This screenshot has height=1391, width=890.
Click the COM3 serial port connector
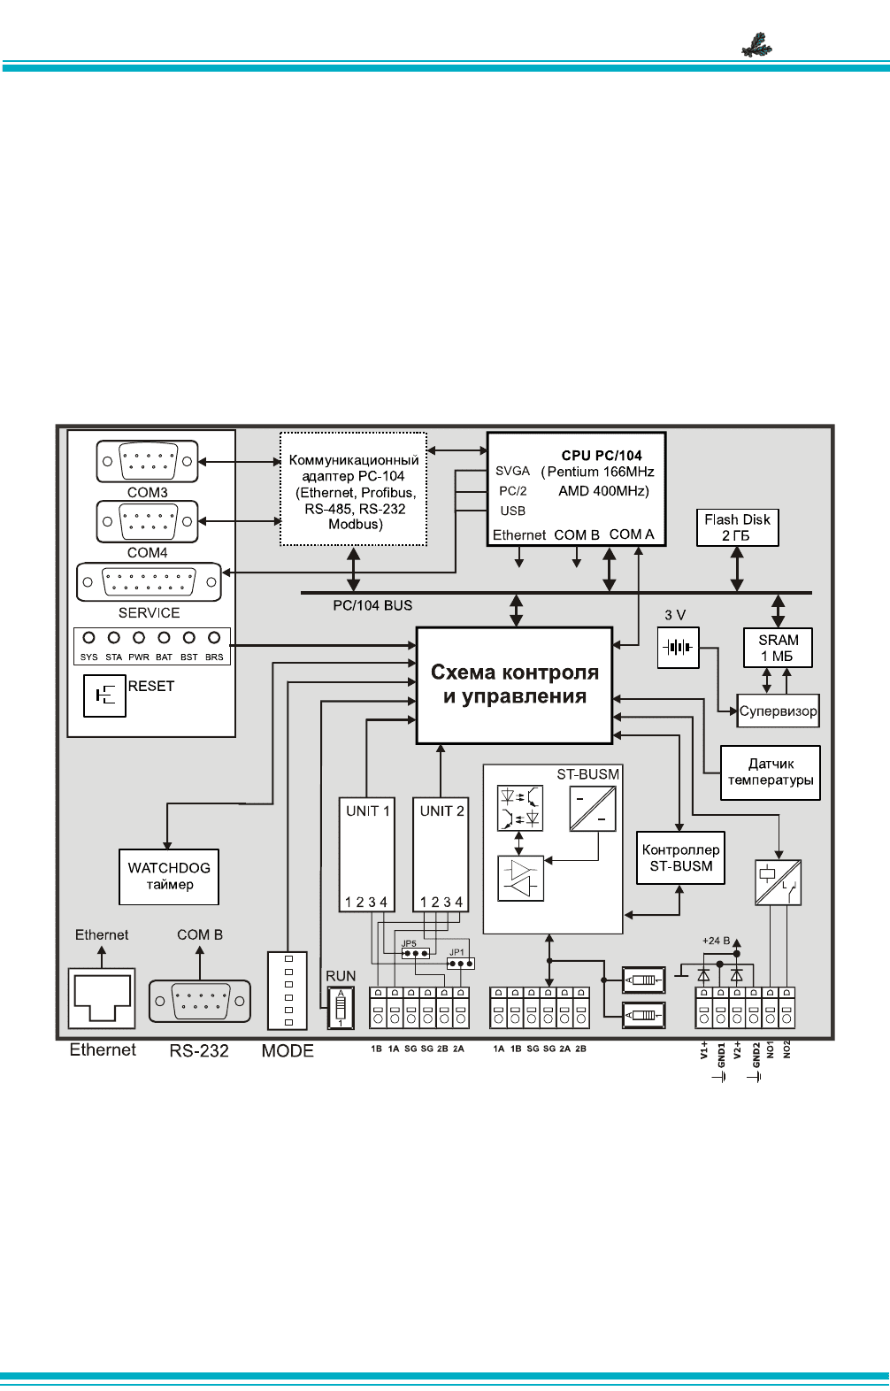point(147,461)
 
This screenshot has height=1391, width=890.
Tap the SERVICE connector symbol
point(149,582)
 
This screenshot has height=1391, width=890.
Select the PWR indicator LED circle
point(139,638)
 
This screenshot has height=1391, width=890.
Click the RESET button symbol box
point(105,695)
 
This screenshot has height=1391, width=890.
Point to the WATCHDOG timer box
point(169,876)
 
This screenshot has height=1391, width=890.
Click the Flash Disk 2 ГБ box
point(737,528)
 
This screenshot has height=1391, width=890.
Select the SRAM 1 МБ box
point(778,648)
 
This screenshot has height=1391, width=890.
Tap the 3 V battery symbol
point(678,648)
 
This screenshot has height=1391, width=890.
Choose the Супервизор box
point(779,711)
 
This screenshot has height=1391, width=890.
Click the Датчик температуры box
point(771,772)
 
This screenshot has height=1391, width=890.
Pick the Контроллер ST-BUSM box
point(680,857)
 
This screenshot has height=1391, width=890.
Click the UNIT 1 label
point(368,811)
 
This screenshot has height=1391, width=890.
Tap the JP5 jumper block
point(416,953)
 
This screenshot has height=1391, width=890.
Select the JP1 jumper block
point(461,963)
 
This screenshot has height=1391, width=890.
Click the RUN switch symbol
point(341,1008)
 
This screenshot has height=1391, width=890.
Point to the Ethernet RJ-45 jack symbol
point(102,999)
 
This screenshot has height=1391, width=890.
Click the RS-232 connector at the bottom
point(199,1001)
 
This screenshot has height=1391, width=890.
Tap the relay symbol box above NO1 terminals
point(778,882)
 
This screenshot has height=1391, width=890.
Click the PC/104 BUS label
point(372,605)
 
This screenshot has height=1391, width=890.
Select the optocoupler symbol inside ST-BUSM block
point(520,808)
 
